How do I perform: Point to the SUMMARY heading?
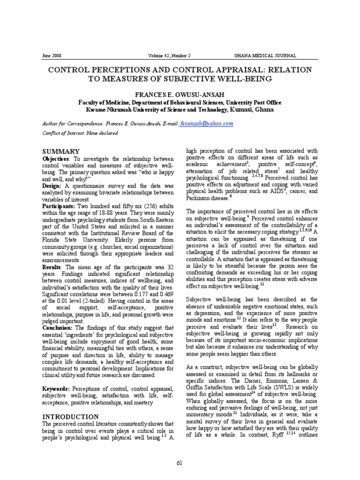click(x=61, y=151)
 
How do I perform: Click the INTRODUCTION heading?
click(x=71, y=417)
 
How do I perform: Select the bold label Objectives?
click(x=56, y=160)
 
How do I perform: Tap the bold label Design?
click(x=53, y=186)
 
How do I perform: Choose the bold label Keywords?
click(x=56, y=389)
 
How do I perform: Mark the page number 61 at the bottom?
click(x=180, y=464)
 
